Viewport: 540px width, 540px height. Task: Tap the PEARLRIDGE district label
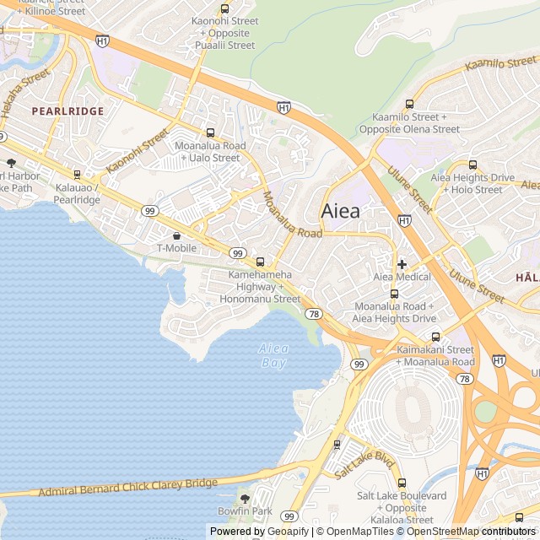[x=67, y=111]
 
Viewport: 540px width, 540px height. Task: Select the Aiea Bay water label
[x=273, y=355]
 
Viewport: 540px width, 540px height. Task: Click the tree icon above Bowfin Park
[x=245, y=499]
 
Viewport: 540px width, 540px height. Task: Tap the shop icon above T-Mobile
[x=176, y=235]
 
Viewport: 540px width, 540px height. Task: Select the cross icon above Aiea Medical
[x=402, y=264]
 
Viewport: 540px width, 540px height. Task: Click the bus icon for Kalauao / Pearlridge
[x=78, y=175]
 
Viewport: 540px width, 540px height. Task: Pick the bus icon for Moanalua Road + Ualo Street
[x=210, y=132]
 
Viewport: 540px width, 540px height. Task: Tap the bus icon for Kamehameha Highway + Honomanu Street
[x=260, y=262]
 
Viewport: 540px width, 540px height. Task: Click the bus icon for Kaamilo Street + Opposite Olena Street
[x=409, y=104]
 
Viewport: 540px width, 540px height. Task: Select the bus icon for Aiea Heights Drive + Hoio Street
[x=472, y=165]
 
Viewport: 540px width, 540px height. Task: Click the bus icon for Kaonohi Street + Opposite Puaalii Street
[x=224, y=8]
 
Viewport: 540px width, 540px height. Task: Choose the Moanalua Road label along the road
[x=291, y=216]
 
